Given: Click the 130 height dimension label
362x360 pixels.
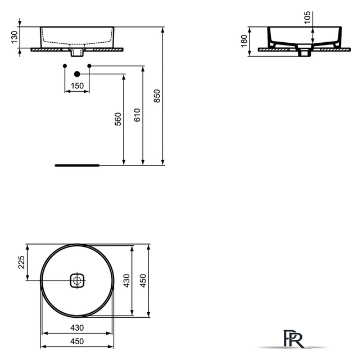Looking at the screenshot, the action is coord(14,37).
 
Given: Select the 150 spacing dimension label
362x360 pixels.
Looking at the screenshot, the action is coord(77,86).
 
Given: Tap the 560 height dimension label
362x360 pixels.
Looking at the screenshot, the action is coord(118,119).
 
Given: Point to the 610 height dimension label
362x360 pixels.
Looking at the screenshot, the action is coord(137,115).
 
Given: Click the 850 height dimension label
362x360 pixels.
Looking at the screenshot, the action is coord(157,96).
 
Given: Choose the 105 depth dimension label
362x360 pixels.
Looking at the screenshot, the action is coord(307,17).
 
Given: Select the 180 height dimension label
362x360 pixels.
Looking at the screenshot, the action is coord(244,41).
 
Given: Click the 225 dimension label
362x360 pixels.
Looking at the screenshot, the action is coord(21,262).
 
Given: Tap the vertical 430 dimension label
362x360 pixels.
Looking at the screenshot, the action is coord(126,281).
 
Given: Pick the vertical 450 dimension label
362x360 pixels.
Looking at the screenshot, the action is coord(143,281).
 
